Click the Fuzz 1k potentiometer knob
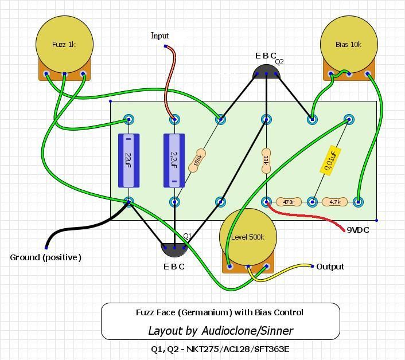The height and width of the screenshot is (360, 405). tap(64, 44)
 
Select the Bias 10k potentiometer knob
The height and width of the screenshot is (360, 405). tap(349, 44)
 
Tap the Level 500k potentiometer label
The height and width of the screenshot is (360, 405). tap(248, 237)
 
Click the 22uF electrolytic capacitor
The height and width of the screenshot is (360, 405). tap(128, 161)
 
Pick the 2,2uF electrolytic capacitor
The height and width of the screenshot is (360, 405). tap(174, 161)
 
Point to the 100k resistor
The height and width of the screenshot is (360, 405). tap(197, 161)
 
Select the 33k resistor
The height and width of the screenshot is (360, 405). tap(266, 161)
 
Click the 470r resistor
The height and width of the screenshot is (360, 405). tap(289, 202)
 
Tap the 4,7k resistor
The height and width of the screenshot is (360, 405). tap(335, 202)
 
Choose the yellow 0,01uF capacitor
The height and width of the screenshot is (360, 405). tap(330, 161)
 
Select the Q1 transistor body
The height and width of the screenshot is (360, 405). tap(174, 249)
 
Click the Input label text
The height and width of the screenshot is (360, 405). tap(159, 36)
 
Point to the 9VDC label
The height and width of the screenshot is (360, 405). tap(358, 230)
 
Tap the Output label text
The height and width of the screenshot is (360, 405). tap(330, 267)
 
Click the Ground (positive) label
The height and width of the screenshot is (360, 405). tap(46, 257)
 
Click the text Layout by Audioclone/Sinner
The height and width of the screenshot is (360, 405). tap(221, 331)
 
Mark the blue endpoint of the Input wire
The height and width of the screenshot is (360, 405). tap(165, 46)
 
